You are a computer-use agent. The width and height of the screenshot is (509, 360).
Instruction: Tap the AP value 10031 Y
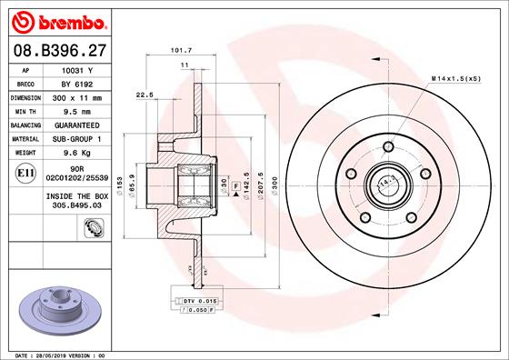click(x=79, y=70)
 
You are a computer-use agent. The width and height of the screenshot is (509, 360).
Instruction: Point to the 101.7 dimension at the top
click(x=180, y=51)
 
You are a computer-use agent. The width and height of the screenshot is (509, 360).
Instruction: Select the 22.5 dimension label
click(x=144, y=94)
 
